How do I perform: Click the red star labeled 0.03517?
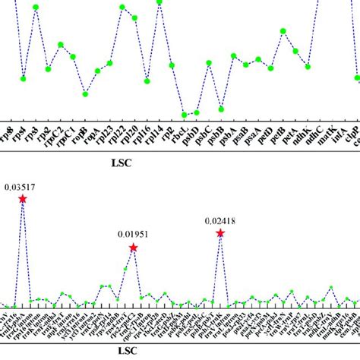(23, 199)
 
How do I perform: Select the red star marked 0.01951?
(133, 248)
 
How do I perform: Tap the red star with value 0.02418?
(220, 233)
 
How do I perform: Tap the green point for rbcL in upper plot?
(184, 115)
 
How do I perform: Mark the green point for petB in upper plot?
(283, 31)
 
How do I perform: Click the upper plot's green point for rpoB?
(85, 94)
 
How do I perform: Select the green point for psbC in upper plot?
(209, 65)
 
